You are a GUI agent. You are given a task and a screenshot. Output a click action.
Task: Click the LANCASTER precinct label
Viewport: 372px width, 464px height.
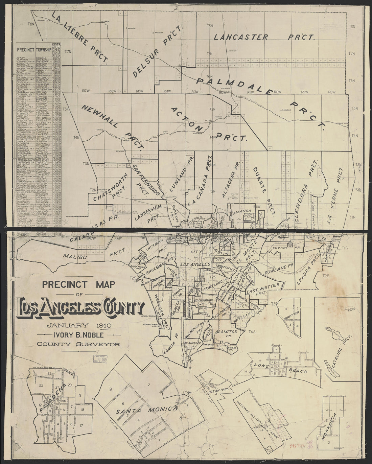click(241, 37)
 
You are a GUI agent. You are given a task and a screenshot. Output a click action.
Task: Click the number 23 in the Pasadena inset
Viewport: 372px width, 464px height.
click(50, 373)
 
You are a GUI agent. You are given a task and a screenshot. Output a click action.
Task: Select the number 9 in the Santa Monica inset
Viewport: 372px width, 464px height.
click(110, 390)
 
